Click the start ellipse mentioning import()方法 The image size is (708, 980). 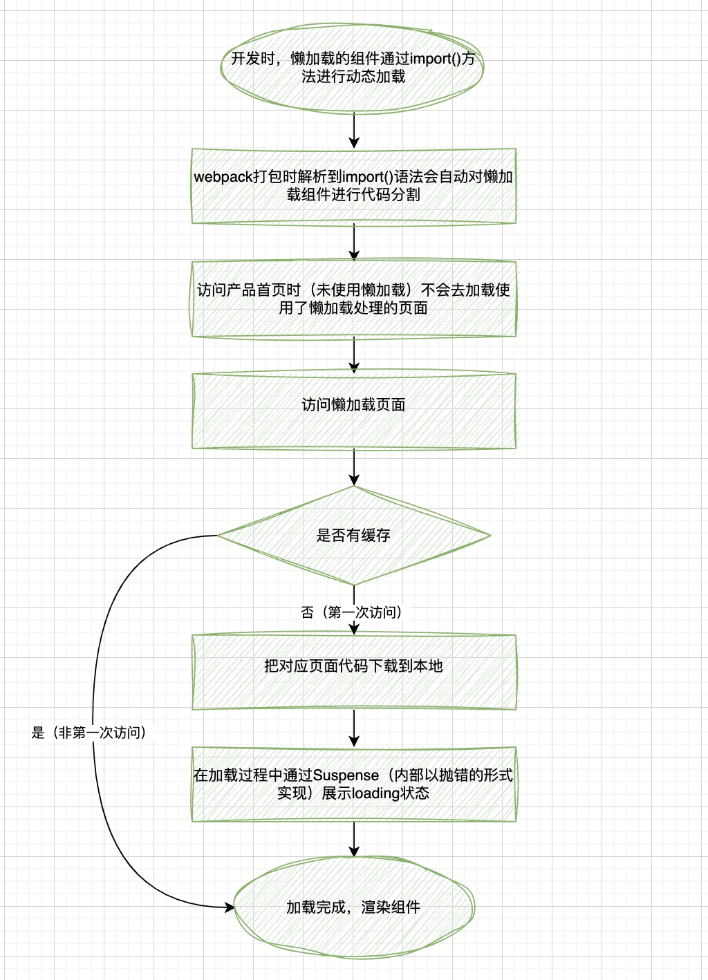pyautogui.click(x=353, y=68)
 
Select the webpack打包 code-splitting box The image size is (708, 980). pyautogui.click(x=353, y=186)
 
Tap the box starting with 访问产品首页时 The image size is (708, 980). pyautogui.click(x=353, y=299)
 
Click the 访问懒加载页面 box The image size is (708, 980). pyautogui.click(x=353, y=411)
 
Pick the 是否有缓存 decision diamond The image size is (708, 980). pyautogui.click(x=353, y=535)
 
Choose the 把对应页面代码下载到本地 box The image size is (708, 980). pyautogui.click(x=353, y=671)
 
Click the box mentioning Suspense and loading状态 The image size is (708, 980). pyautogui.click(x=353, y=784)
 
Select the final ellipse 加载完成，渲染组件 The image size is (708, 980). pyautogui.click(x=353, y=907)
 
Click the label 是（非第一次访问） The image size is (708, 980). pyautogui.click(x=91, y=733)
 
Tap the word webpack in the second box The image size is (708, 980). pyautogui.click(x=223, y=177)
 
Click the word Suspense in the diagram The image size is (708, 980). pyautogui.click(x=346, y=775)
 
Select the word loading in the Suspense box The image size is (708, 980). pyautogui.click(x=373, y=793)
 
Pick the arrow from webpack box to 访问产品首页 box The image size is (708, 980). pyautogui.click(x=354, y=242)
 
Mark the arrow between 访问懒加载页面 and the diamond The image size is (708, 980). pyautogui.click(x=354, y=467)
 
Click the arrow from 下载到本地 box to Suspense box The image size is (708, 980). pyautogui.click(x=354, y=728)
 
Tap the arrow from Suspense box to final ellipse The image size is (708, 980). pyautogui.click(x=354, y=839)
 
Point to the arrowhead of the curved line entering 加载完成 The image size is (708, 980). pyautogui.click(x=230, y=907)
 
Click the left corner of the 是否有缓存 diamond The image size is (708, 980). pyautogui.click(x=220, y=535)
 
